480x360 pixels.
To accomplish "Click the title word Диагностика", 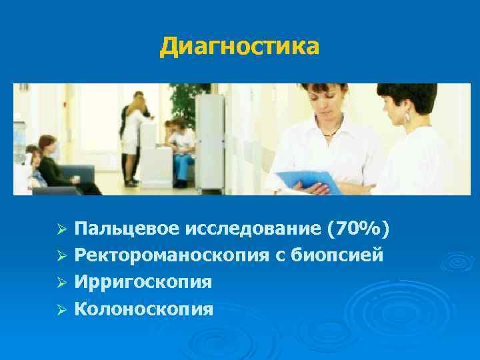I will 240,47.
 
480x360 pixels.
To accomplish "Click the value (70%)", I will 359,229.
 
